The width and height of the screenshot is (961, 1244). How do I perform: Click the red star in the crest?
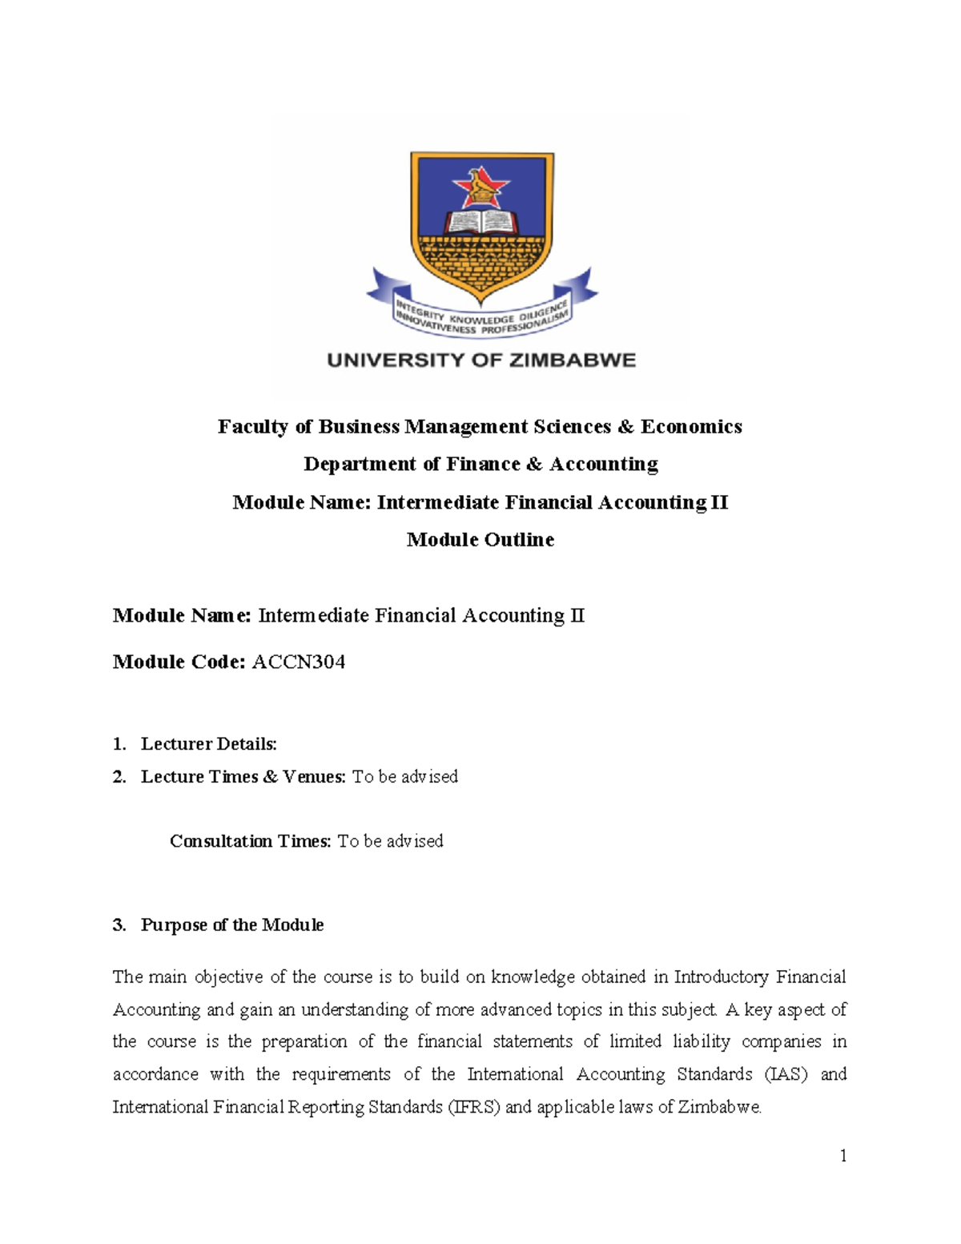[480, 188]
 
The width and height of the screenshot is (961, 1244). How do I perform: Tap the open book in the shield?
[480, 220]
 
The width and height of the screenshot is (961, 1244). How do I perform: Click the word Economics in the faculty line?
[691, 426]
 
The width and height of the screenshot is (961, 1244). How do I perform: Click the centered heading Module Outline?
[480, 539]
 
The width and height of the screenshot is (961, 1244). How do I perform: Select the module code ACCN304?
[299, 662]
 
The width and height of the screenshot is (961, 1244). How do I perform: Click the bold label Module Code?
[179, 662]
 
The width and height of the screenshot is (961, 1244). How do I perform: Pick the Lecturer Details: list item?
[208, 744]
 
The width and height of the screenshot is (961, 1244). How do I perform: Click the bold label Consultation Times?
[250, 841]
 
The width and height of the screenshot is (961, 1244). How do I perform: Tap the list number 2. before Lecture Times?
[119, 777]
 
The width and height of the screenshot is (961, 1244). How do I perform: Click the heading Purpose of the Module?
[232, 925]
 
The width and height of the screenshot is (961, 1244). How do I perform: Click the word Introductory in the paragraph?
[722, 977]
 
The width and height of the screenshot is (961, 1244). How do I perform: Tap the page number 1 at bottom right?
[842, 1155]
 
